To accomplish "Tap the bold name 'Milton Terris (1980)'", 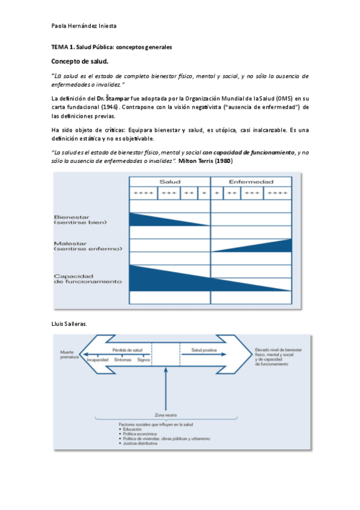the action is (206, 162).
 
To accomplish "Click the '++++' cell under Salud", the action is (143, 193).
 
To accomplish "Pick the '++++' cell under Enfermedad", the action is (277, 193).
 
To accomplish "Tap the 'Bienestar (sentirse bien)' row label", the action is (81, 220).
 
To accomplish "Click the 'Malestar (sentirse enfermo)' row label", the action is (88, 245).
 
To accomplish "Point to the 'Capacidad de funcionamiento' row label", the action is (88, 278).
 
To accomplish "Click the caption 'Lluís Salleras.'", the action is (69, 324).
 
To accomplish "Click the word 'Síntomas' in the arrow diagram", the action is (123, 360).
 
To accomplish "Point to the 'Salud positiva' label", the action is (204, 349).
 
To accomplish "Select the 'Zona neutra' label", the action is (163, 415).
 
